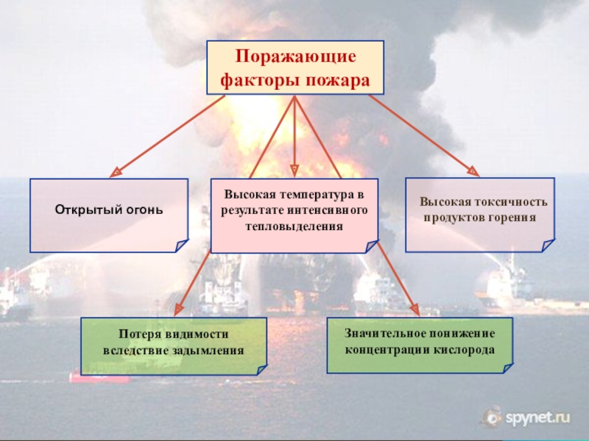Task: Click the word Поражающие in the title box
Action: coord(295,57)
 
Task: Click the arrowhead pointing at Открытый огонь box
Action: coord(114,173)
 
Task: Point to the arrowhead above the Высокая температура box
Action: coord(294,170)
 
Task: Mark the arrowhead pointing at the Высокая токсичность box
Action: coord(473,172)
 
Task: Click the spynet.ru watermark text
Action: coord(538,418)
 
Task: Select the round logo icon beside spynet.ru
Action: coord(491,418)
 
